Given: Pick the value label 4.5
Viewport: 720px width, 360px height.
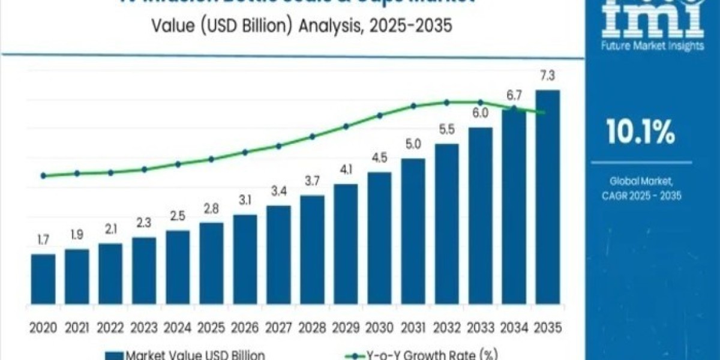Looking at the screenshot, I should (x=379, y=159).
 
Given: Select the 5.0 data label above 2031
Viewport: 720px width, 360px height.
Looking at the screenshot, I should (x=413, y=144).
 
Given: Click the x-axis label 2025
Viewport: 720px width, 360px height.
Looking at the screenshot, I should (x=211, y=328).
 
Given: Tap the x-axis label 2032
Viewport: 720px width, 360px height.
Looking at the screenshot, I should (x=446, y=328).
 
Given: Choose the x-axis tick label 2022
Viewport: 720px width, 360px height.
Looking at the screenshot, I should (x=110, y=328).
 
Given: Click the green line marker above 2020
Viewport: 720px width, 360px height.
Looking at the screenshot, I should (x=43, y=176).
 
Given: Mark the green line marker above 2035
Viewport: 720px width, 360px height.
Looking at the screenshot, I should (x=543, y=113).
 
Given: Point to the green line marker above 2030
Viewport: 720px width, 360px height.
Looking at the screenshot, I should (x=379, y=115).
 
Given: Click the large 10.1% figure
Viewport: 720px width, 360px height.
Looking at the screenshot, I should (x=640, y=133).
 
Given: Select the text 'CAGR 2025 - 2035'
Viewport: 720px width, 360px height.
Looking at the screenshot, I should (x=640, y=196).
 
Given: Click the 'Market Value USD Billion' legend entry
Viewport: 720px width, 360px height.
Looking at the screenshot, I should (x=186, y=355).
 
